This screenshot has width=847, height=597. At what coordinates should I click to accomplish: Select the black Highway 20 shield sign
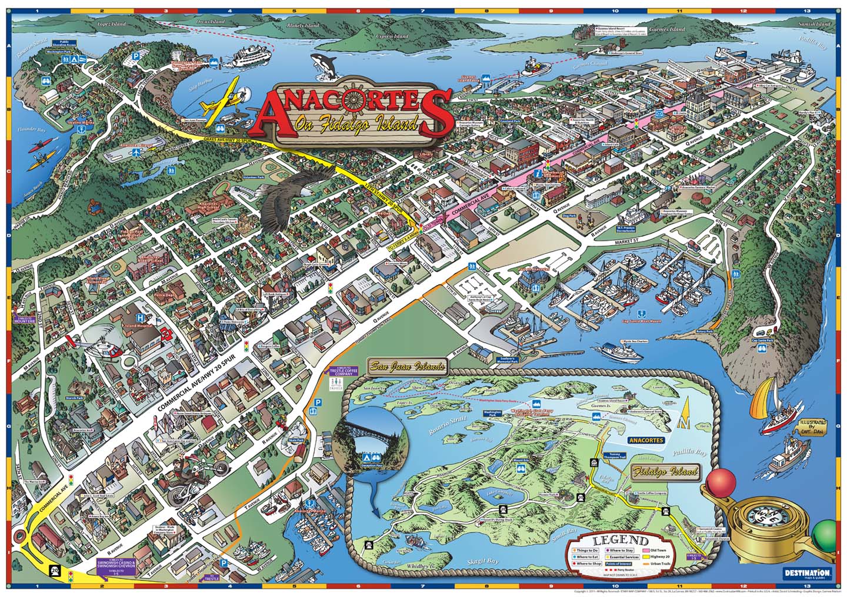(54, 570)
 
